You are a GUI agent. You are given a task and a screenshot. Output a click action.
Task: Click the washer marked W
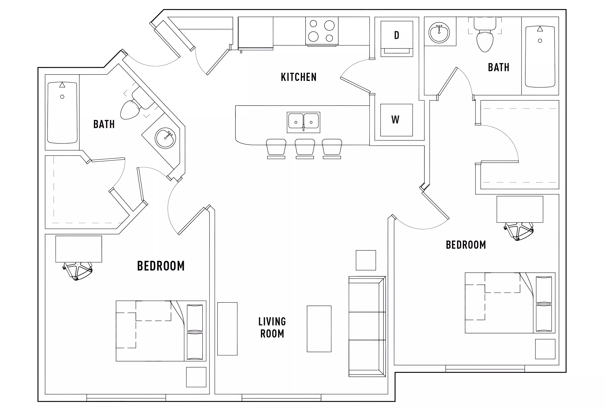pos(396,120)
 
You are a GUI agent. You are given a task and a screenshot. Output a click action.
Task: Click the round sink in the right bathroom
pos(439,33)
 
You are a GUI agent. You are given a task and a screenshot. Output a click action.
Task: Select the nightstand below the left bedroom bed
pos(196,377)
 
